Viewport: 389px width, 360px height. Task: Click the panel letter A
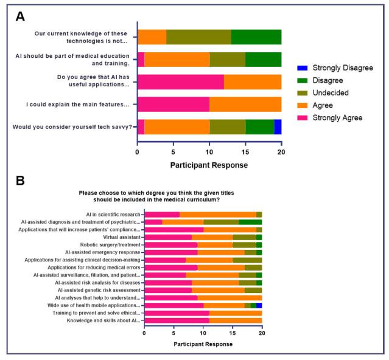[x=20, y=17]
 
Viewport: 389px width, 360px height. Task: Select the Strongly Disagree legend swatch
[x=302, y=67]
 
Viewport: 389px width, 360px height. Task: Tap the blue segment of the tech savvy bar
[x=278, y=126]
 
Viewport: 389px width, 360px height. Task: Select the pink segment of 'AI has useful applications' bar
[x=181, y=81]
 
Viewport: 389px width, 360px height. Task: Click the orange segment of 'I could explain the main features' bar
[x=245, y=104]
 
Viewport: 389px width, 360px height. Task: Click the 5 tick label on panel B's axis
[x=173, y=334]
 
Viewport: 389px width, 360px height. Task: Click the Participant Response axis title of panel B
[x=203, y=344]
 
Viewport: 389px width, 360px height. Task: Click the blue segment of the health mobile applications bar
[x=259, y=305]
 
